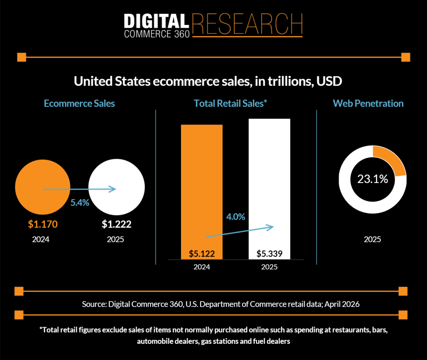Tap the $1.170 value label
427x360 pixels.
point(43,224)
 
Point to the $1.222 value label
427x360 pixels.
point(116,224)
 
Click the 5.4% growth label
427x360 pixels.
point(80,203)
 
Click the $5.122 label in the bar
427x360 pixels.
point(202,253)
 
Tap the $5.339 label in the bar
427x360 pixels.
point(269,253)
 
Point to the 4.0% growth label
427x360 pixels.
point(236,217)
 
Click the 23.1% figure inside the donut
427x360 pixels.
point(372,179)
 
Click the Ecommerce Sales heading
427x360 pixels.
point(79,104)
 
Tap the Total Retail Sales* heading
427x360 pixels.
point(231,104)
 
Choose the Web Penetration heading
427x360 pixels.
point(368,104)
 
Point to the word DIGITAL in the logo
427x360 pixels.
point(157,21)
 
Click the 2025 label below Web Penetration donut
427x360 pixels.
point(372,239)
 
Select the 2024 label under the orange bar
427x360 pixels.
point(202,267)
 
